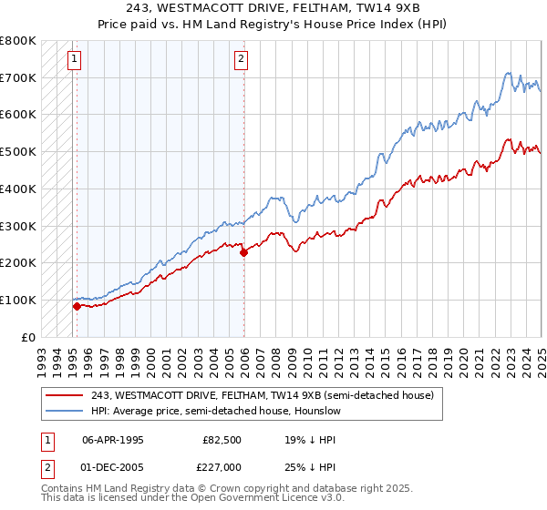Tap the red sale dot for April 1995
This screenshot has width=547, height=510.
coord(77,306)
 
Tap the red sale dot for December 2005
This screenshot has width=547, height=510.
coord(244,252)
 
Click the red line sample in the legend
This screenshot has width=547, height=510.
coord(66,395)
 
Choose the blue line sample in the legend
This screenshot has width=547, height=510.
coord(66,411)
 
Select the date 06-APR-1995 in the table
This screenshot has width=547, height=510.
coord(113,438)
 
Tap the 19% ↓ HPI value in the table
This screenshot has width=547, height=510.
coord(299,438)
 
